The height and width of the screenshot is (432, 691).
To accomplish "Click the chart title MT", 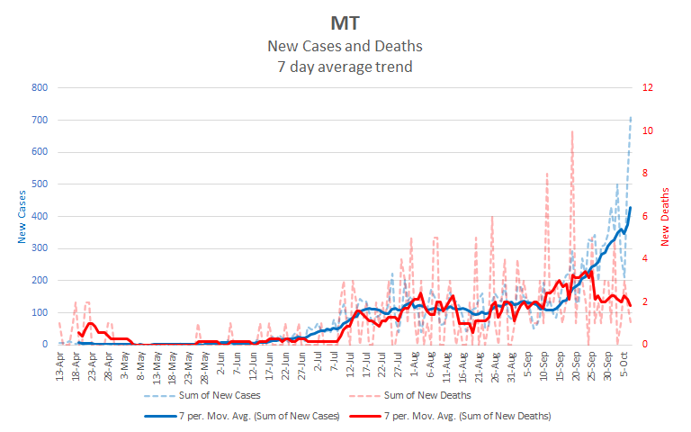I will click(x=345, y=22).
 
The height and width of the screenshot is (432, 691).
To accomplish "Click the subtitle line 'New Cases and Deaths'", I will click(x=345, y=46).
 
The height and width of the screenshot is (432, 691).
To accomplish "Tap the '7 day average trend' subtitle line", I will click(x=345, y=66).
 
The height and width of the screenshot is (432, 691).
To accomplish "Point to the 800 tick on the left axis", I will click(x=40, y=88).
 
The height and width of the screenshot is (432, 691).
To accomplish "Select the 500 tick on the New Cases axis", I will click(x=40, y=184).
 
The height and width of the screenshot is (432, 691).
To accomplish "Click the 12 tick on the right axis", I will click(x=646, y=88).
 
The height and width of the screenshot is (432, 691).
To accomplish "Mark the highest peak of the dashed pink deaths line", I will click(x=572, y=131).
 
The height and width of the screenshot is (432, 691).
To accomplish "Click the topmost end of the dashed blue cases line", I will click(x=631, y=116).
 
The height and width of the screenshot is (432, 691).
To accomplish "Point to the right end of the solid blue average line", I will click(x=631, y=208).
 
